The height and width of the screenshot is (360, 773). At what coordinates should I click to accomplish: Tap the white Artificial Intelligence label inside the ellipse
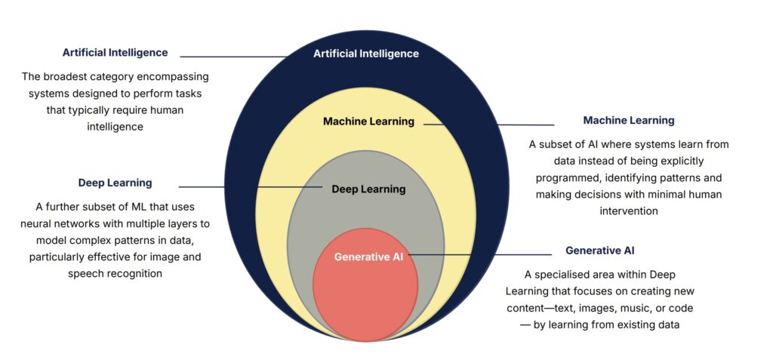[366, 54]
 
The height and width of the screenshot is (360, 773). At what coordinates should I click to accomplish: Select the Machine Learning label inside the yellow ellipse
[368, 121]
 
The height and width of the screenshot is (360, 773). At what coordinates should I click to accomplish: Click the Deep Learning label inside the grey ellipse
[368, 189]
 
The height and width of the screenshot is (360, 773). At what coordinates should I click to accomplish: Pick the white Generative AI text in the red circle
[368, 257]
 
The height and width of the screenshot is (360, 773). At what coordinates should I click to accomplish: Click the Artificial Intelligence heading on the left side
[115, 53]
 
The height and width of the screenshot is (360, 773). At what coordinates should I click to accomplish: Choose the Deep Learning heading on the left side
[115, 183]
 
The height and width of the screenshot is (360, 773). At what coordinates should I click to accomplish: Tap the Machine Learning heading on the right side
[629, 120]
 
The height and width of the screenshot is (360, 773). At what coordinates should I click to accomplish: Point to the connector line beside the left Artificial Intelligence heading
[234, 57]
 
